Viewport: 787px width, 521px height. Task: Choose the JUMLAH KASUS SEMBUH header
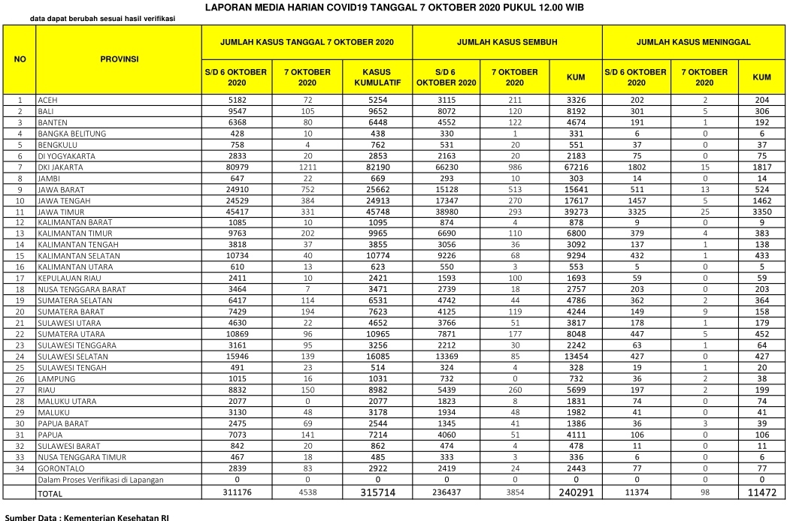(x=507, y=42)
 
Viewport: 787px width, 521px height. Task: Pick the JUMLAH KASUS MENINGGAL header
(x=693, y=42)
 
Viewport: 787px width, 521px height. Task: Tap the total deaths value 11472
(x=761, y=492)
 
